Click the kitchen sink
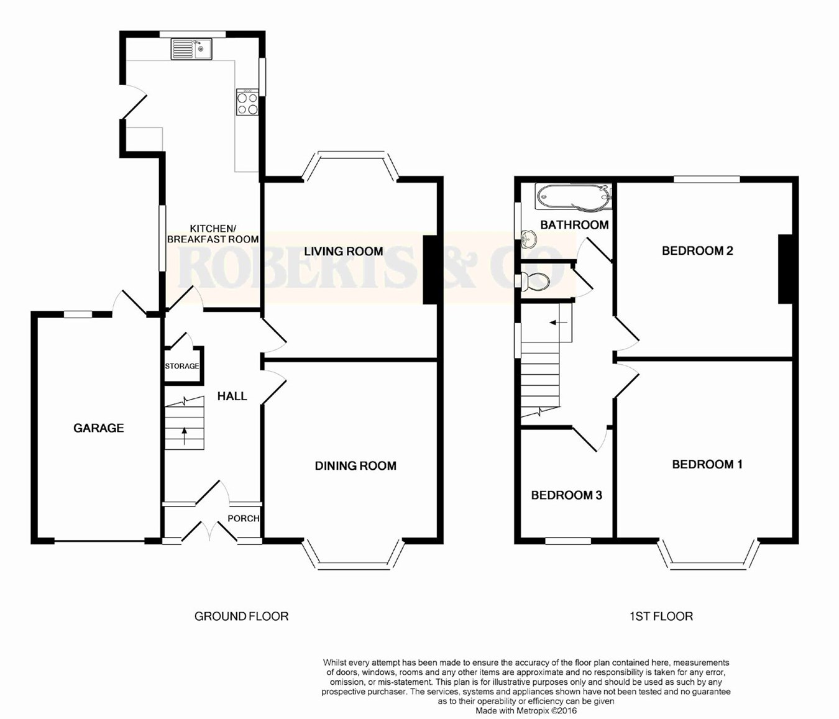[191, 48]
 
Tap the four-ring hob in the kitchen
[247, 102]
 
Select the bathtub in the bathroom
[573, 197]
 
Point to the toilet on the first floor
[535, 282]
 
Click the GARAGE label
[99, 428]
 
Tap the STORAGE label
[182, 366]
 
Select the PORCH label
[243, 518]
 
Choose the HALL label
[232, 396]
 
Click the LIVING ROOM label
[344, 251]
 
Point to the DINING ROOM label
[355, 465]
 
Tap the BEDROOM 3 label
[567, 495]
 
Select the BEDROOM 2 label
[697, 250]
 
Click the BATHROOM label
[574, 224]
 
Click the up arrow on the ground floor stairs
[185, 436]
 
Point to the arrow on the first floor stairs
[559, 323]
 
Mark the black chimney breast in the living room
[429, 270]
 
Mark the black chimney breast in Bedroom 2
[785, 268]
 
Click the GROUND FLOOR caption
[242, 616]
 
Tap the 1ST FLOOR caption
[661, 616]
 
